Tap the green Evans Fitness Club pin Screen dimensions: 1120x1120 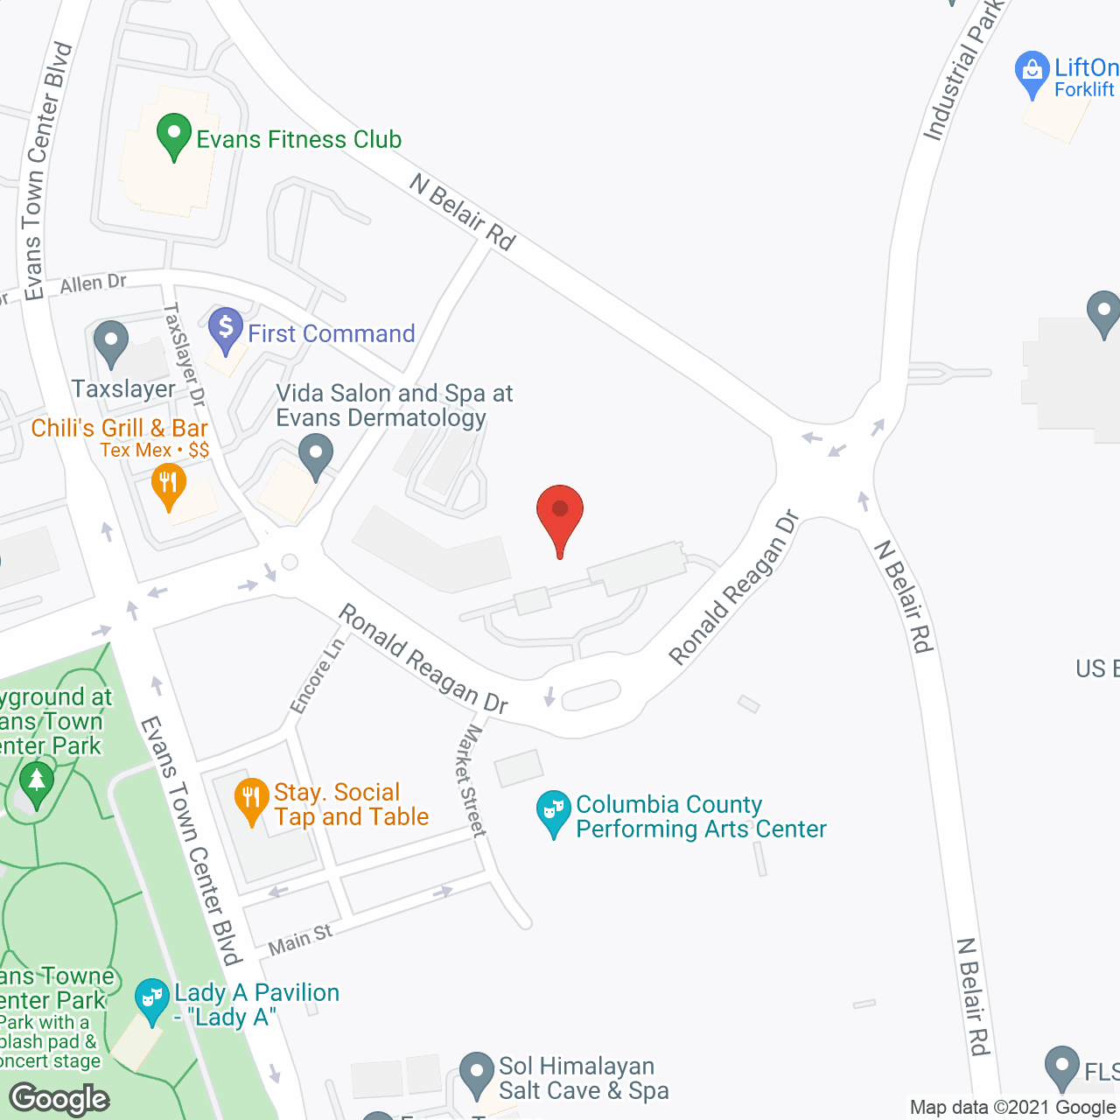tap(174, 136)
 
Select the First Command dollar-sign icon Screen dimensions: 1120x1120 tap(226, 330)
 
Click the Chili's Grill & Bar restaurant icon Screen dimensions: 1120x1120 tap(168, 485)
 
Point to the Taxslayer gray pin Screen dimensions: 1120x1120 tap(111, 342)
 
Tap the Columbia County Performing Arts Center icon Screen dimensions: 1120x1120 tap(554, 812)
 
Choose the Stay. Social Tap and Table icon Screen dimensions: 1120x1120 tap(251, 800)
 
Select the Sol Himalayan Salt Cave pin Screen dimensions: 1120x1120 tap(477, 1074)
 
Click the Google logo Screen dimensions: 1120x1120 tap(59, 1099)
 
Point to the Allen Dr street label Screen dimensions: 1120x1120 tap(93, 283)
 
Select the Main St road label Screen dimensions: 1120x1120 tap(300, 941)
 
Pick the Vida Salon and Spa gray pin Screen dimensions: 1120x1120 tap(316, 458)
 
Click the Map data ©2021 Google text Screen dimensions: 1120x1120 tap(1013, 1108)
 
